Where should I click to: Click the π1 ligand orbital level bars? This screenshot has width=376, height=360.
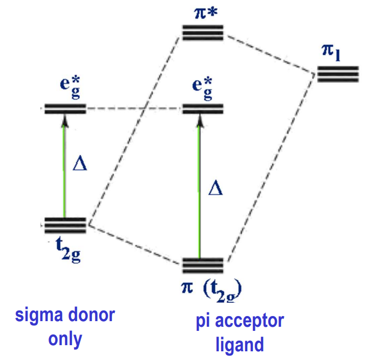click(338, 75)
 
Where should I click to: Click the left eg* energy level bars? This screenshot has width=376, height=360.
click(65, 108)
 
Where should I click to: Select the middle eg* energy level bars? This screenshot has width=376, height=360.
click(203, 108)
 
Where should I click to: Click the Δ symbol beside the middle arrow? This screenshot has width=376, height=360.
click(216, 189)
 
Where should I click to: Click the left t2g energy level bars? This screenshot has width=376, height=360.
click(65, 226)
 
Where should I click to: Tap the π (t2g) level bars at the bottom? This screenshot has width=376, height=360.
click(203, 266)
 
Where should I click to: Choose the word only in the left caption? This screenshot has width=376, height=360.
click(65, 339)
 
